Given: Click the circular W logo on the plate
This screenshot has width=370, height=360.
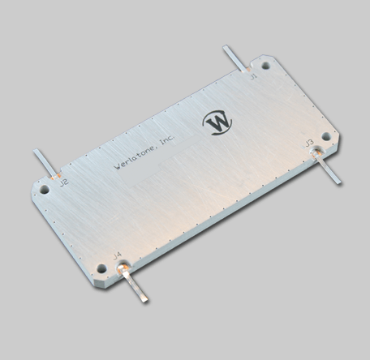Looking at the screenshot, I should tap(217, 122).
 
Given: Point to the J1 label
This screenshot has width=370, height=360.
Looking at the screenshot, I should tap(253, 76).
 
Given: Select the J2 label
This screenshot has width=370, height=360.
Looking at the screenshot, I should tap(63, 183).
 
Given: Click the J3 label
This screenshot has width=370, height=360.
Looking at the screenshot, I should tap(308, 143).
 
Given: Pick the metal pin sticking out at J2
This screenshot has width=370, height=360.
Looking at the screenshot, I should tap(45, 163).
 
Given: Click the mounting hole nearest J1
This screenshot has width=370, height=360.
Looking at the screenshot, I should tap(265, 64).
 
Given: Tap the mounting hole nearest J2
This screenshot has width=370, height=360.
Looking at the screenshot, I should tap(45, 190).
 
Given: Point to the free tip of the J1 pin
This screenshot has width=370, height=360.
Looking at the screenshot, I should tap(226, 49).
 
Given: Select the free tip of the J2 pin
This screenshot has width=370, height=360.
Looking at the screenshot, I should tap(36, 152).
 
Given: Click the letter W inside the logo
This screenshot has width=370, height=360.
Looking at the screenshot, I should tap(217, 122).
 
